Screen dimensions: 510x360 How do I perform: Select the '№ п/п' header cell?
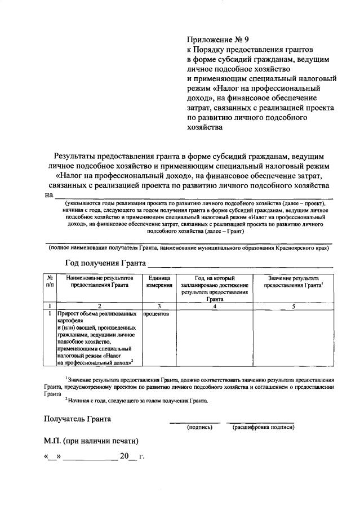tap(50, 282)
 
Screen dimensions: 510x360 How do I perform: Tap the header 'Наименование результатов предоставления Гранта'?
tap(99, 282)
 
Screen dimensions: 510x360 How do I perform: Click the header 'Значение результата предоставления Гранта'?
tap(293, 282)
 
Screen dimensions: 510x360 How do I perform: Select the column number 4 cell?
tap(215, 306)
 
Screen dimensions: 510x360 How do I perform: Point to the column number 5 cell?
tap(293, 306)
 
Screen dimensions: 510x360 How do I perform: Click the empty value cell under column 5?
tap(293, 338)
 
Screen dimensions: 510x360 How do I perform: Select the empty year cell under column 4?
tap(215, 338)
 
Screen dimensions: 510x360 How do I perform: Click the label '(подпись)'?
tap(199, 428)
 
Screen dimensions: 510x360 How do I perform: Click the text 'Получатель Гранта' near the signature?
tap(78, 419)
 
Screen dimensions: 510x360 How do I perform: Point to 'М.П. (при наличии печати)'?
tap(91, 440)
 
